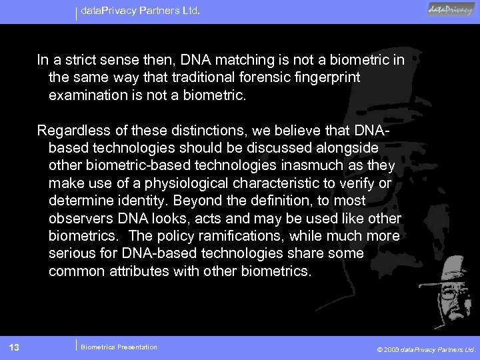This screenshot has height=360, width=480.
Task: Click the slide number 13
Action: pyautogui.click(x=13, y=347)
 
